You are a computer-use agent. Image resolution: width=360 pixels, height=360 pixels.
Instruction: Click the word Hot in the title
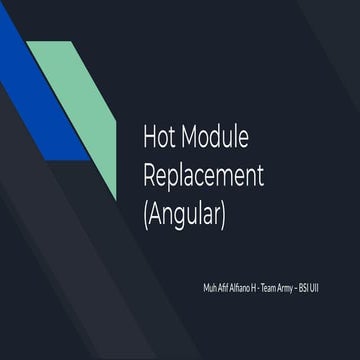coord(161,137)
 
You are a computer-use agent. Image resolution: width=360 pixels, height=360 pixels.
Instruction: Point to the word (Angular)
coord(186,214)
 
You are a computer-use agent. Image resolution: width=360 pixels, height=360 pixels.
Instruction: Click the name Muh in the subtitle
coord(208,287)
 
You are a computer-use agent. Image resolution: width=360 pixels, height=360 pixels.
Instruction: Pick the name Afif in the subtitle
coord(222,287)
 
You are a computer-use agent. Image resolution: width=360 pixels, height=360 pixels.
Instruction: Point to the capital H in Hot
coord(151,137)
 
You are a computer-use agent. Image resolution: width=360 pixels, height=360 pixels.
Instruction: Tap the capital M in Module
coord(190,137)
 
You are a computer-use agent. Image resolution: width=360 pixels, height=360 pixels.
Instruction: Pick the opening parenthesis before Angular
coord(147,214)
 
